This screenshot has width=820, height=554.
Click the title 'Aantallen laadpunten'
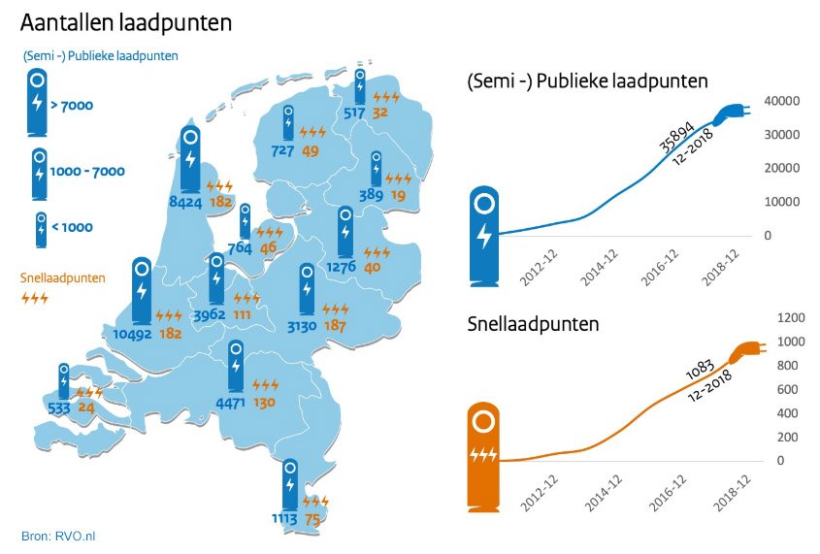tap(126, 20)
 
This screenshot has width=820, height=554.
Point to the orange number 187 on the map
tap(335, 325)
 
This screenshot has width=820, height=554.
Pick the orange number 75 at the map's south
tap(313, 519)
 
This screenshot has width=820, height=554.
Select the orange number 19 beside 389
tap(398, 195)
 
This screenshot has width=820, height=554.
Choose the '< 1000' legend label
tap(71, 226)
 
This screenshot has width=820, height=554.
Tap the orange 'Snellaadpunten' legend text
tap(63, 277)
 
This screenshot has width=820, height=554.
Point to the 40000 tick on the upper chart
tap(781, 101)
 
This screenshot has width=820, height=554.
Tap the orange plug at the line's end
tap(745, 352)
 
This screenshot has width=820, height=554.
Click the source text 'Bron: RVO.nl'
tap(59, 536)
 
